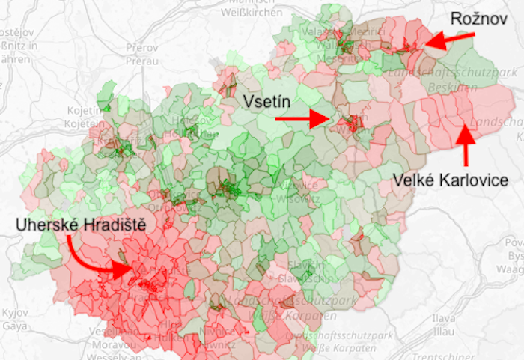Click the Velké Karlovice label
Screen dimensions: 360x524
pyautogui.click(x=451, y=180)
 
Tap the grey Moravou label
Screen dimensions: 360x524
pyautogui.click(x=110, y=345)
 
